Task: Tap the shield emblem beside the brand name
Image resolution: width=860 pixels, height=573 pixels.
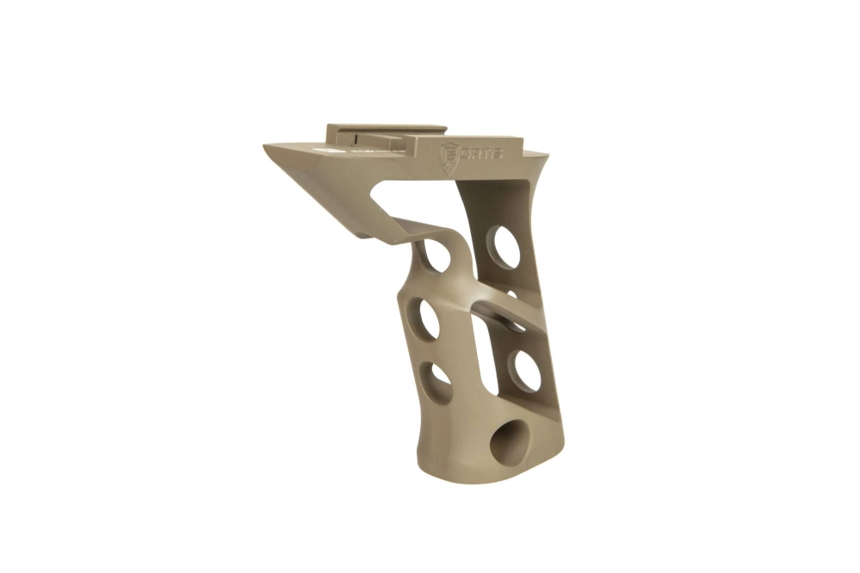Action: tap(449, 156)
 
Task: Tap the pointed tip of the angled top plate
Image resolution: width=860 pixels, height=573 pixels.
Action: tap(267, 147)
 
